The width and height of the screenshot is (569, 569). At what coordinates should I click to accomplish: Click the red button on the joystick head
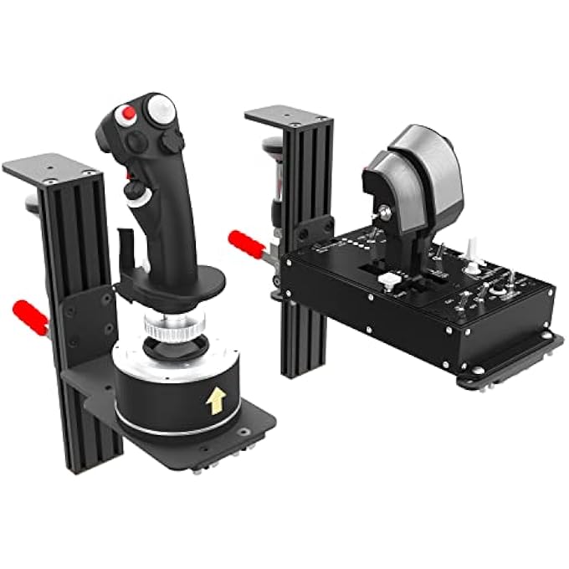128,112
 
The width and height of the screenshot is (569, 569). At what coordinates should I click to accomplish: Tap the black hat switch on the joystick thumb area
172,141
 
